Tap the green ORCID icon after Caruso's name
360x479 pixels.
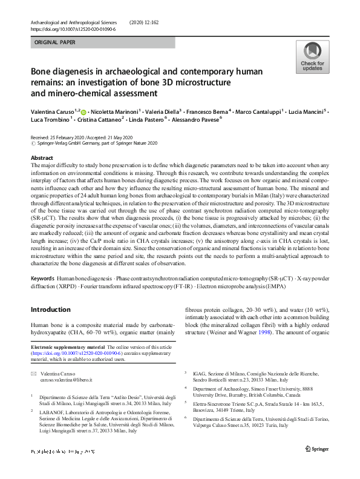(83, 112)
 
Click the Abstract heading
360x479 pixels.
(42, 157)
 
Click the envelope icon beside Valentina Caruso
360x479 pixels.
(34, 374)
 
